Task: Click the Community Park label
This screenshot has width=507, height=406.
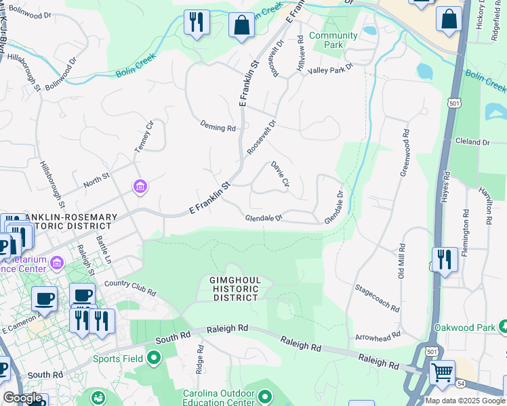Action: point(333,40)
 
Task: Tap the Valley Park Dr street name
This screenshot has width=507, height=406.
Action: point(331,69)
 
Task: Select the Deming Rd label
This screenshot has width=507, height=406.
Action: point(218,127)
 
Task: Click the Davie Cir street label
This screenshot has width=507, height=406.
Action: point(280,175)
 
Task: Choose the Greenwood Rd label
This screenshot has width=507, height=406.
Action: point(405,154)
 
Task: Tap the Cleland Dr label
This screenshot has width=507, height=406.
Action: point(472,142)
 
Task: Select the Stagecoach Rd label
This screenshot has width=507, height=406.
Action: point(377,298)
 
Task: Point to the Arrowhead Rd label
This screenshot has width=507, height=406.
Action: point(378,334)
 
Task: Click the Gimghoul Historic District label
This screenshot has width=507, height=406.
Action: point(235,289)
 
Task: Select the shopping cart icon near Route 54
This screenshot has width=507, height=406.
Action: point(442,371)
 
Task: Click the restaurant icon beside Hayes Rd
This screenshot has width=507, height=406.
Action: point(445,259)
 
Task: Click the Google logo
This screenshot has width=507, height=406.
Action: point(22,398)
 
